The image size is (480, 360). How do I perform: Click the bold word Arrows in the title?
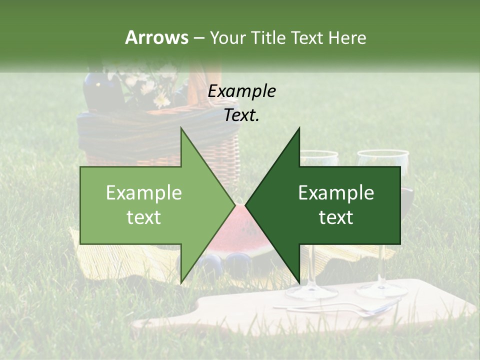156,37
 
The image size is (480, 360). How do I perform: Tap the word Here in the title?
347,37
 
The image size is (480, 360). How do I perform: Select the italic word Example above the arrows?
242,91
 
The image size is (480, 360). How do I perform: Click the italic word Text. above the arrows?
242,115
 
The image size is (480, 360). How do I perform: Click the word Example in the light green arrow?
144,193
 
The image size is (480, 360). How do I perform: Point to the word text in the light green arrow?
144,217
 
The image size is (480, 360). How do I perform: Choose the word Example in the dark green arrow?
336,193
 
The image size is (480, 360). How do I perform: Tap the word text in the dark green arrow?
336,217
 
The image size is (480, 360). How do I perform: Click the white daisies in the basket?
150,87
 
